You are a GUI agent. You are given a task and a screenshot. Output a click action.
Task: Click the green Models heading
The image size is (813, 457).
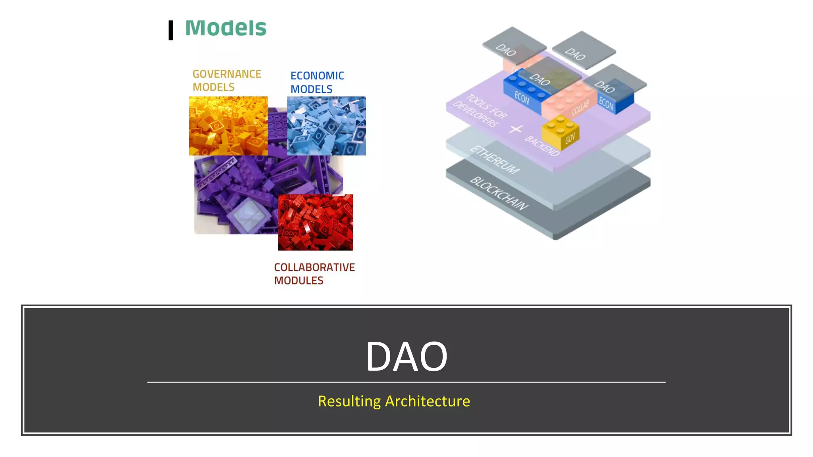pyautogui.click(x=225, y=28)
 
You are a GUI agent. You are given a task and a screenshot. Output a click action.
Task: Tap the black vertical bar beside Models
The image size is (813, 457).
pyautogui.click(x=171, y=30)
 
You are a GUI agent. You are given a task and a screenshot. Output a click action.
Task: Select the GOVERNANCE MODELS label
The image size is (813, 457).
pyautogui.click(x=227, y=81)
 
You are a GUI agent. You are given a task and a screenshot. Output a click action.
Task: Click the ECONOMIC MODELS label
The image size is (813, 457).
pyautogui.click(x=317, y=83)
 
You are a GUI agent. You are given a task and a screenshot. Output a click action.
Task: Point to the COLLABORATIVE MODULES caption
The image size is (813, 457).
pyautogui.click(x=314, y=274)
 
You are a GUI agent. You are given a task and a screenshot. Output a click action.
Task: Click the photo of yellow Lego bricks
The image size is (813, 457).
pyautogui.click(x=228, y=125)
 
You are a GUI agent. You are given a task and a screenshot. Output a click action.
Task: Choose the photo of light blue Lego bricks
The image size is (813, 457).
pyautogui.click(x=326, y=125)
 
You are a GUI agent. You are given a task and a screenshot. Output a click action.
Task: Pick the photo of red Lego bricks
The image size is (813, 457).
pyautogui.click(x=315, y=222)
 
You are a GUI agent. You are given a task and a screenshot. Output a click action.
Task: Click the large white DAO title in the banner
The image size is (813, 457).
pyautogui.click(x=406, y=357)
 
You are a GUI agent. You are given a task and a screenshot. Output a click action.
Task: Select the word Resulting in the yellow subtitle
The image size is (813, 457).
pyautogui.click(x=349, y=401)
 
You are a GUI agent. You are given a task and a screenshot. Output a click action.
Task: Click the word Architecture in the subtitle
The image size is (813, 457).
pyautogui.click(x=428, y=401)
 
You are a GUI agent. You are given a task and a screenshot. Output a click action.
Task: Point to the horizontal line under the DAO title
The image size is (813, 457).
pyautogui.click(x=406, y=382)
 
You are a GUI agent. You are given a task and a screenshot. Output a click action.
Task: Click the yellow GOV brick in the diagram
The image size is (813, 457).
pyautogui.click(x=561, y=132)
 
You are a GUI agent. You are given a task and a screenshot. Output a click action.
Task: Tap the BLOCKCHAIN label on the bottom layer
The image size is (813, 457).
pyautogui.click(x=499, y=194)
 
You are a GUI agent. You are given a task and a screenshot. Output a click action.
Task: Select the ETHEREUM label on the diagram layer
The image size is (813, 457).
pyautogui.click(x=495, y=160)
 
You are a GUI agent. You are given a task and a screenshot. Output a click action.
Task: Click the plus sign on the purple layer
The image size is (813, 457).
pyautogui.click(x=516, y=129)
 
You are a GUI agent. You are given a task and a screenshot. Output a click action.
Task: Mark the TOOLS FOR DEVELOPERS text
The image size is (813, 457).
pyautogui.click(x=481, y=111)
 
